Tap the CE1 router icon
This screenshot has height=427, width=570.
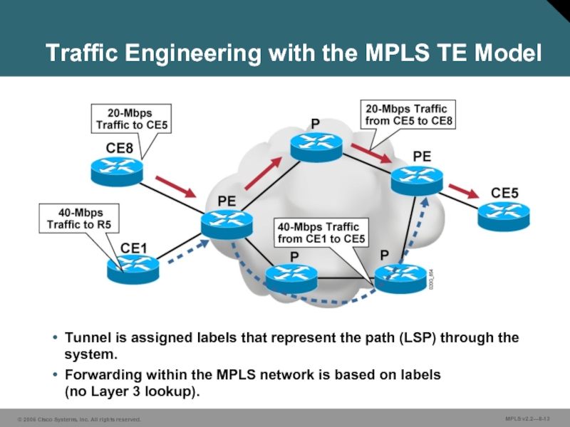tap(134, 269)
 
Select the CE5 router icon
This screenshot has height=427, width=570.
tap(504, 213)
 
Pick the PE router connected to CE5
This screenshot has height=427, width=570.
tap(418, 181)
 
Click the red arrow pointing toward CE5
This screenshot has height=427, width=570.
tap(464, 191)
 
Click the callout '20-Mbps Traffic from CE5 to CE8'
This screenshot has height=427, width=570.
tap(405, 115)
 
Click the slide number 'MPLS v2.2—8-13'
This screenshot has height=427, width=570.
tap(532, 418)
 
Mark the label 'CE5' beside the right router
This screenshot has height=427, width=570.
tap(505, 193)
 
